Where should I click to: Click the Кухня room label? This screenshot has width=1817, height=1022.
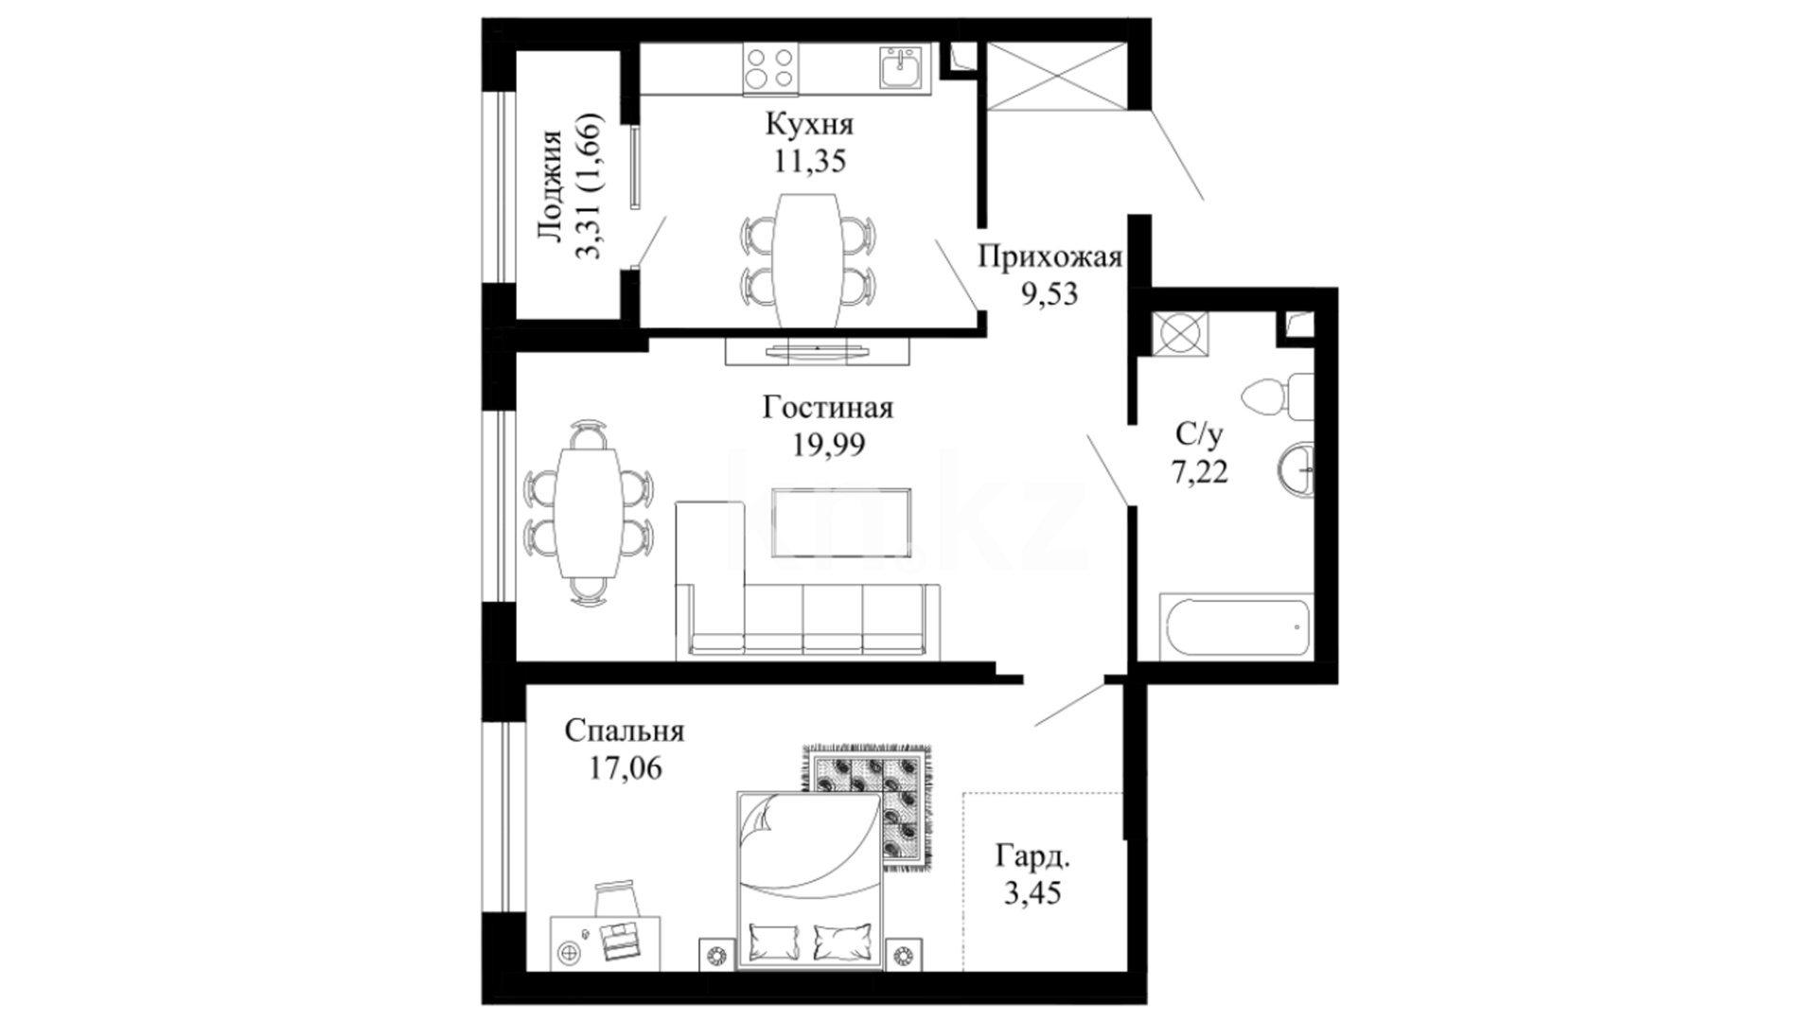click(809, 124)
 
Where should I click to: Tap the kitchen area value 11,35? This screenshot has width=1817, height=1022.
click(809, 161)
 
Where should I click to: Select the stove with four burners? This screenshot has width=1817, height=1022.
click(769, 68)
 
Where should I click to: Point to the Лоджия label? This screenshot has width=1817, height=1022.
click(550, 187)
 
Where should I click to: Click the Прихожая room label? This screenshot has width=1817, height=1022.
click(1050, 256)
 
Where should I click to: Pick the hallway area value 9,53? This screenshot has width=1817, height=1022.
click(1050, 293)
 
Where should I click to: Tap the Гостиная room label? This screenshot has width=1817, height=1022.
click(828, 408)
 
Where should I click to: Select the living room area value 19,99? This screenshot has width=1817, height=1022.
click(829, 445)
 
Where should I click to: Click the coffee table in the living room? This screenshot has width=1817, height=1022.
click(841, 521)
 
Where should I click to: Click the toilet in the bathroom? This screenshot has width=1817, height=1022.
click(1278, 396)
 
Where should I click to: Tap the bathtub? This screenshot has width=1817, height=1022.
click(1236, 626)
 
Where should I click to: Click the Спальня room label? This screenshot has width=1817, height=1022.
click(625, 731)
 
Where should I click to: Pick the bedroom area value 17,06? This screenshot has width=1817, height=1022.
click(626, 767)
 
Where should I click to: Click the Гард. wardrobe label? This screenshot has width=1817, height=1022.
click(1033, 857)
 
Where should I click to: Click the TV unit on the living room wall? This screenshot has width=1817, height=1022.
click(817, 350)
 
